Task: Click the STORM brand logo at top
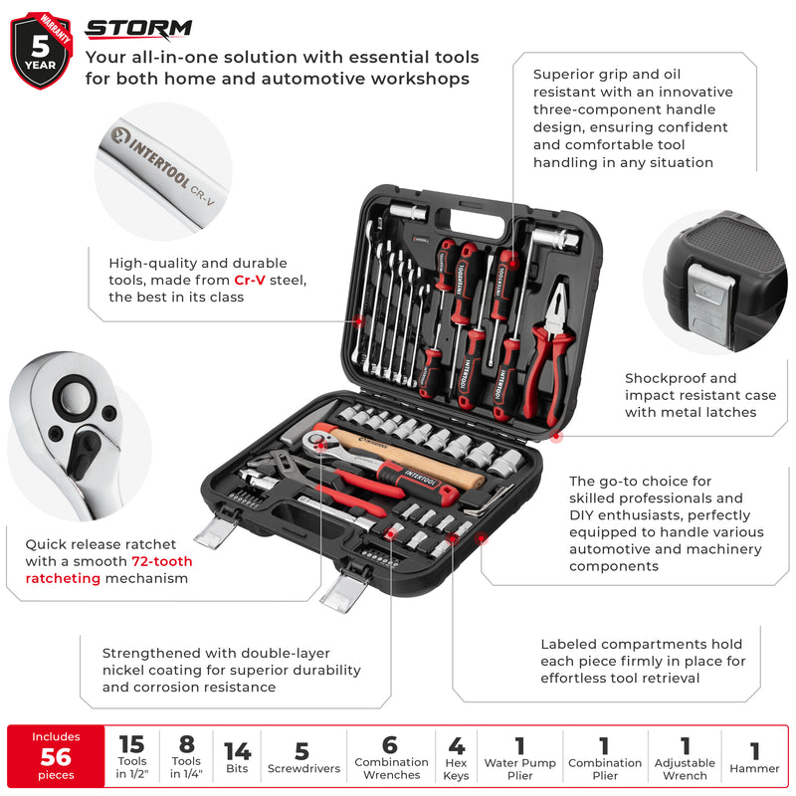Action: (138, 30)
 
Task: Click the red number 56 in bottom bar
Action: (56, 756)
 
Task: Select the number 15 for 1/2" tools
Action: (131, 744)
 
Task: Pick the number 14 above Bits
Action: (237, 752)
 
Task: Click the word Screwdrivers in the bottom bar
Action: (302, 769)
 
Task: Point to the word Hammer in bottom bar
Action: (754, 769)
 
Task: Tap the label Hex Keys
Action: (457, 769)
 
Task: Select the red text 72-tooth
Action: (162, 561)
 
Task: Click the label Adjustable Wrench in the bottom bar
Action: (685, 769)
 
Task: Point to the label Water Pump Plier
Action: (519, 769)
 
